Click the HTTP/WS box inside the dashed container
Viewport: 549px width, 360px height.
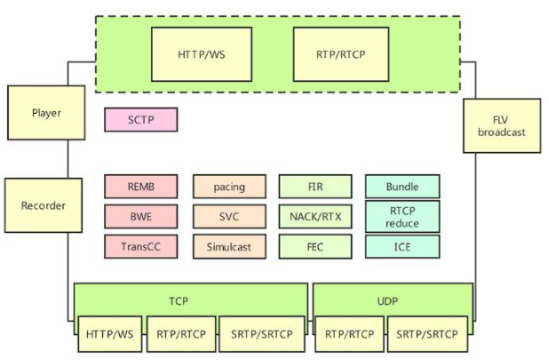pyautogui.click(x=202, y=54)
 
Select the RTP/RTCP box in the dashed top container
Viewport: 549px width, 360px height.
pyautogui.click(x=340, y=54)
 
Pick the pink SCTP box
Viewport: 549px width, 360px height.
pyautogui.click(x=140, y=120)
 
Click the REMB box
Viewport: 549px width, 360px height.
pyautogui.click(x=140, y=187)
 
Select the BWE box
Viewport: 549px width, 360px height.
pyautogui.click(x=140, y=216)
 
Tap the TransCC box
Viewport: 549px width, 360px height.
pyautogui.click(x=140, y=246)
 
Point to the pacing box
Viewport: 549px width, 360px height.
pyautogui.click(x=229, y=187)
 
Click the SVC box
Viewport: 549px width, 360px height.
pyautogui.click(x=229, y=216)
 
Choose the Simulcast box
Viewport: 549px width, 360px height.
pyautogui.click(x=229, y=246)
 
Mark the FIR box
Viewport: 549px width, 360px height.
pyautogui.click(x=315, y=187)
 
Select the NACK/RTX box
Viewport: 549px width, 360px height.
pyautogui.click(x=315, y=216)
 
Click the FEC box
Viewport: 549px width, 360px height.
pyautogui.click(x=315, y=246)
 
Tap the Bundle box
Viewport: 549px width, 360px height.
pyautogui.click(x=402, y=187)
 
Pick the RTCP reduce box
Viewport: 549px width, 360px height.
pyautogui.click(x=402, y=216)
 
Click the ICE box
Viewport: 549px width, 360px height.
pyautogui.click(x=402, y=246)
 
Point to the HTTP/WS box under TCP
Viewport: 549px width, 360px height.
pyautogui.click(x=110, y=334)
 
